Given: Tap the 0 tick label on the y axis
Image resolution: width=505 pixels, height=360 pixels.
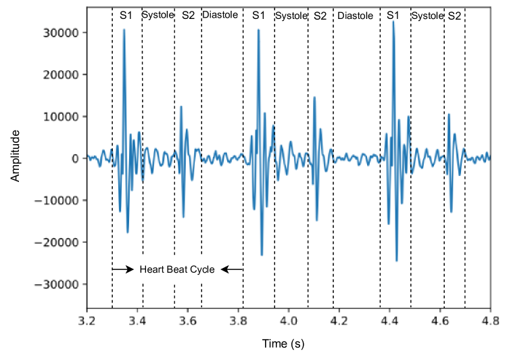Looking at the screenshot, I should click(x=76, y=158).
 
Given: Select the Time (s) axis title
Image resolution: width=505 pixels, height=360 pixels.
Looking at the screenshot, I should click(x=283, y=344).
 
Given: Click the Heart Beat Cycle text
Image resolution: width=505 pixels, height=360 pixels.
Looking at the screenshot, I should click(x=177, y=269).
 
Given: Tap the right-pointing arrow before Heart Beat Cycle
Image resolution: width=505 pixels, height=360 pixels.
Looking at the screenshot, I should click(x=123, y=269).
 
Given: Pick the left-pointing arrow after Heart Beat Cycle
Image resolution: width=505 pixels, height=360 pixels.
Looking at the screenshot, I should click(x=232, y=269).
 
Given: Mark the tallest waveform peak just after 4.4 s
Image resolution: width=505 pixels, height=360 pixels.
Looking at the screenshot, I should click(x=393, y=22).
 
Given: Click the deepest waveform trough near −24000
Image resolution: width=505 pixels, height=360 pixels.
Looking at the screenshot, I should click(x=397, y=261).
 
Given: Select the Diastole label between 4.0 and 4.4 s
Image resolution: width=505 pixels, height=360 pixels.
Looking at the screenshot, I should click(x=355, y=15).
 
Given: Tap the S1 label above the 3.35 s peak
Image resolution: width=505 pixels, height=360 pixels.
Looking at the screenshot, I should click(x=126, y=15).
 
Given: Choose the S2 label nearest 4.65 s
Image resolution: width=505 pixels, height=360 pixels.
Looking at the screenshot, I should click(x=454, y=15).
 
